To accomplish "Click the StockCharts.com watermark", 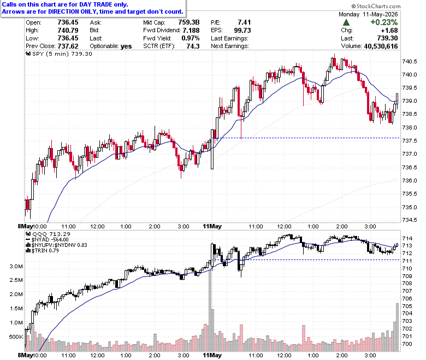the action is [376, 6].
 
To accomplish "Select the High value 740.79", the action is [68, 30].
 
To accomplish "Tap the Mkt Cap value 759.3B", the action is [189, 22].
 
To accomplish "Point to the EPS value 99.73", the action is [242, 30].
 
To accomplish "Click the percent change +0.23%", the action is [384, 22].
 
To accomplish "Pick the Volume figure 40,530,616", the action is [381, 46].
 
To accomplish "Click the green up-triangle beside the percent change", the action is [346, 22].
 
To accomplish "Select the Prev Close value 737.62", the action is [68, 46].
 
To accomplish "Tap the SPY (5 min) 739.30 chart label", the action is [59, 54].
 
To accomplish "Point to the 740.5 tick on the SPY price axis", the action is [409, 61].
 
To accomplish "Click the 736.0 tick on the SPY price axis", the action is [409, 181].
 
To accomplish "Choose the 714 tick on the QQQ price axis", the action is [407, 239].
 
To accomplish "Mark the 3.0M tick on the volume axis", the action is [16, 266].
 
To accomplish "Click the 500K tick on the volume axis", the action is [16, 337].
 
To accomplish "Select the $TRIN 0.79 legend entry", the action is [42, 251].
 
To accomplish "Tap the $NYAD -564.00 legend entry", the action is [47, 240].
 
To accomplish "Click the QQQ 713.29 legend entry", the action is [48, 234].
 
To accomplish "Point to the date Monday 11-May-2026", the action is [368, 14].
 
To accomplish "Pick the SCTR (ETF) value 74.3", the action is [193, 46].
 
